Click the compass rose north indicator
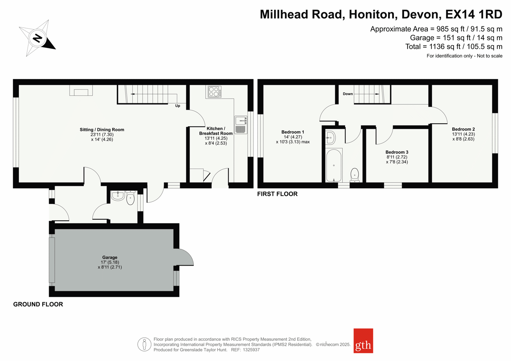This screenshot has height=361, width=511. [37, 38]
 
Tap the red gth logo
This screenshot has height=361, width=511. [363, 341]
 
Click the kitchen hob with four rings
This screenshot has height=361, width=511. [214, 92]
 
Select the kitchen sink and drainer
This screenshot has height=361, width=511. [241, 125]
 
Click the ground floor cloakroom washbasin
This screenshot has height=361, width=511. [118, 196]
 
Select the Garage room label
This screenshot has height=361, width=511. [110, 257]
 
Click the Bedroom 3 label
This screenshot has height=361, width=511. [397, 152]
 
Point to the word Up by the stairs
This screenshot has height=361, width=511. [178, 106]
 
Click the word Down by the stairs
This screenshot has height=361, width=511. [348, 94]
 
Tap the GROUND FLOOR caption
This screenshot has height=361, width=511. [38, 304]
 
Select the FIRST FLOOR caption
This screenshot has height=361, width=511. [278, 194]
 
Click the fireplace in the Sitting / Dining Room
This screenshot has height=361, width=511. [81, 90]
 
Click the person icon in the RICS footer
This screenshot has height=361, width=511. [144, 344]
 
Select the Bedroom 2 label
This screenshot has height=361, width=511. [463, 129]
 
